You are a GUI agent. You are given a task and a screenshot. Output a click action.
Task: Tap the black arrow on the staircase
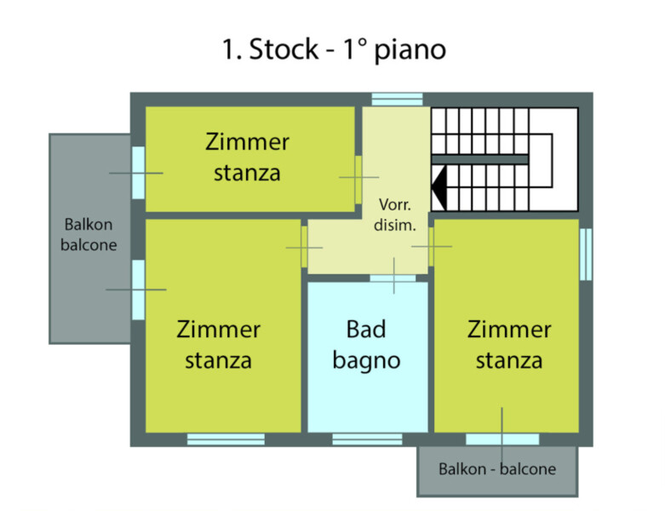click(x=439, y=187)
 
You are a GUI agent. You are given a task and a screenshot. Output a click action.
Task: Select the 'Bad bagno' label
click(x=367, y=344)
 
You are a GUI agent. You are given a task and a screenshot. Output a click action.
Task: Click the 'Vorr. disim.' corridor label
click(x=394, y=215)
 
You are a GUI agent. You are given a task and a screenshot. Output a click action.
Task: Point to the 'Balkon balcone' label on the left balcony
click(x=89, y=235)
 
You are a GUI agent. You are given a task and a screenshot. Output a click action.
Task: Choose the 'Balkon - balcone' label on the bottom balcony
click(x=497, y=469)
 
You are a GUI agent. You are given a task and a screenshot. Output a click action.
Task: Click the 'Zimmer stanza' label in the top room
click(x=248, y=157)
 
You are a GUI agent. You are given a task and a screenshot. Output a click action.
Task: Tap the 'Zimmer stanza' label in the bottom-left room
click(x=219, y=344)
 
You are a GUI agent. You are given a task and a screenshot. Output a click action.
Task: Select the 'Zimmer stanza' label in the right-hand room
click(x=509, y=344)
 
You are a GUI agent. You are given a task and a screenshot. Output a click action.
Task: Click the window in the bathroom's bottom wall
click(x=355, y=439)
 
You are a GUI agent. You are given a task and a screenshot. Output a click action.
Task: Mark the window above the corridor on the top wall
click(x=397, y=100)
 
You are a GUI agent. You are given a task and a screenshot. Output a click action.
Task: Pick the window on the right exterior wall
click(x=585, y=254)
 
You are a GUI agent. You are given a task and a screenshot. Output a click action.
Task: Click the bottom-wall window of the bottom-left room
click(x=226, y=439)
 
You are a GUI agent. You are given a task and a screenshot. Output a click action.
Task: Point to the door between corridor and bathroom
click(x=393, y=278)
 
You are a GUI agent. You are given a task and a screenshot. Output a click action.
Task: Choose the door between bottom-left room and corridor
click(x=304, y=247)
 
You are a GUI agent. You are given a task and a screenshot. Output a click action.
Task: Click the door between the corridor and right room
click(x=431, y=245)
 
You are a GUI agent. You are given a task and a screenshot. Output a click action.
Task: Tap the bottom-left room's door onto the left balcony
click(x=137, y=290)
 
